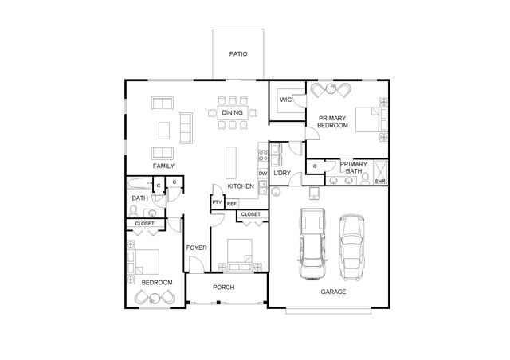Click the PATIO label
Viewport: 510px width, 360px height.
pyautogui.click(x=238, y=54)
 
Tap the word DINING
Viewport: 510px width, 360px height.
pyautogui.click(x=232, y=113)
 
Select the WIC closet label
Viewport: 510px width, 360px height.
pyautogui.click(x=285, y=100)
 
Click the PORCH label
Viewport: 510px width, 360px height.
pyautogui.click(x=223, y=287)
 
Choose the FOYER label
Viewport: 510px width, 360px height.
pyautogui.click(x=196, y=248)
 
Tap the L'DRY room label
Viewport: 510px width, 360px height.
pyautogui.click(x=281, y=173)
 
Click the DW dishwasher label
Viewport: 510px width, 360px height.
pyautogui.click(x=261, y=173)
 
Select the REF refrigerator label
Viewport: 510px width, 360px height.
pyautogui.click(x=232, y=204)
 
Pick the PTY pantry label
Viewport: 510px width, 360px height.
pyautogui.click(x=217, y=203)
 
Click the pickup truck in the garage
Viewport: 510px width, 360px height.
pyautogui.click(x=311, y=244)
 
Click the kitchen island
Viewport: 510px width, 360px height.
pyautogui.click(x=232, y=162)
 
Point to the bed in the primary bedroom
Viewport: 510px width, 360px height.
pyautogui.click(x=368, y=119)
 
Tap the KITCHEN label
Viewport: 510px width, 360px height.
pyautogui.click(x=241, y=186)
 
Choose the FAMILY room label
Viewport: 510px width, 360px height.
pyautogui.click(x=163, y=166)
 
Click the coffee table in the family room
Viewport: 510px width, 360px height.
pyautogui.click(x=164, y=129)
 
